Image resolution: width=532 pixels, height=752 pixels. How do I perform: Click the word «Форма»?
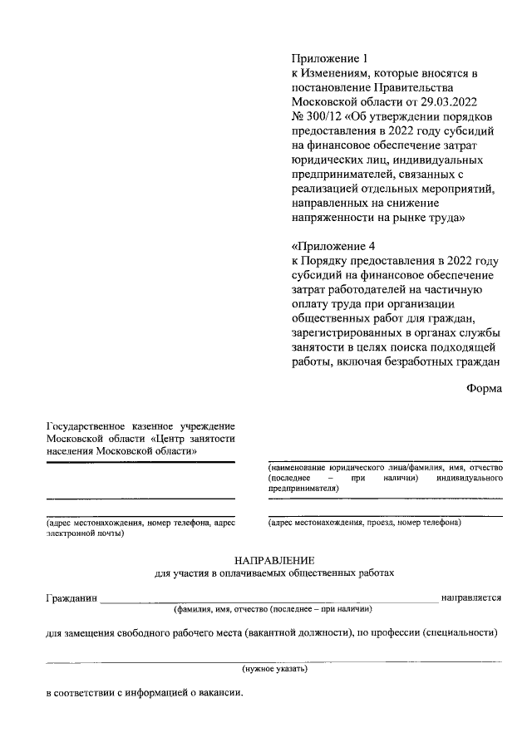pyautogui.click(x=484, y=388)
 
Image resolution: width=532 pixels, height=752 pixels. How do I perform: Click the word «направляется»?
pyautogui.click(x=470, y=597)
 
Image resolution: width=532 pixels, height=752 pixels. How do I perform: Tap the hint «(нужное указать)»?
pyautogui.click(x=273, y=669)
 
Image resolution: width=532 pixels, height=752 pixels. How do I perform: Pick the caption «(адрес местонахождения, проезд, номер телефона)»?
pyautogui.click(x=364, y=523)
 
